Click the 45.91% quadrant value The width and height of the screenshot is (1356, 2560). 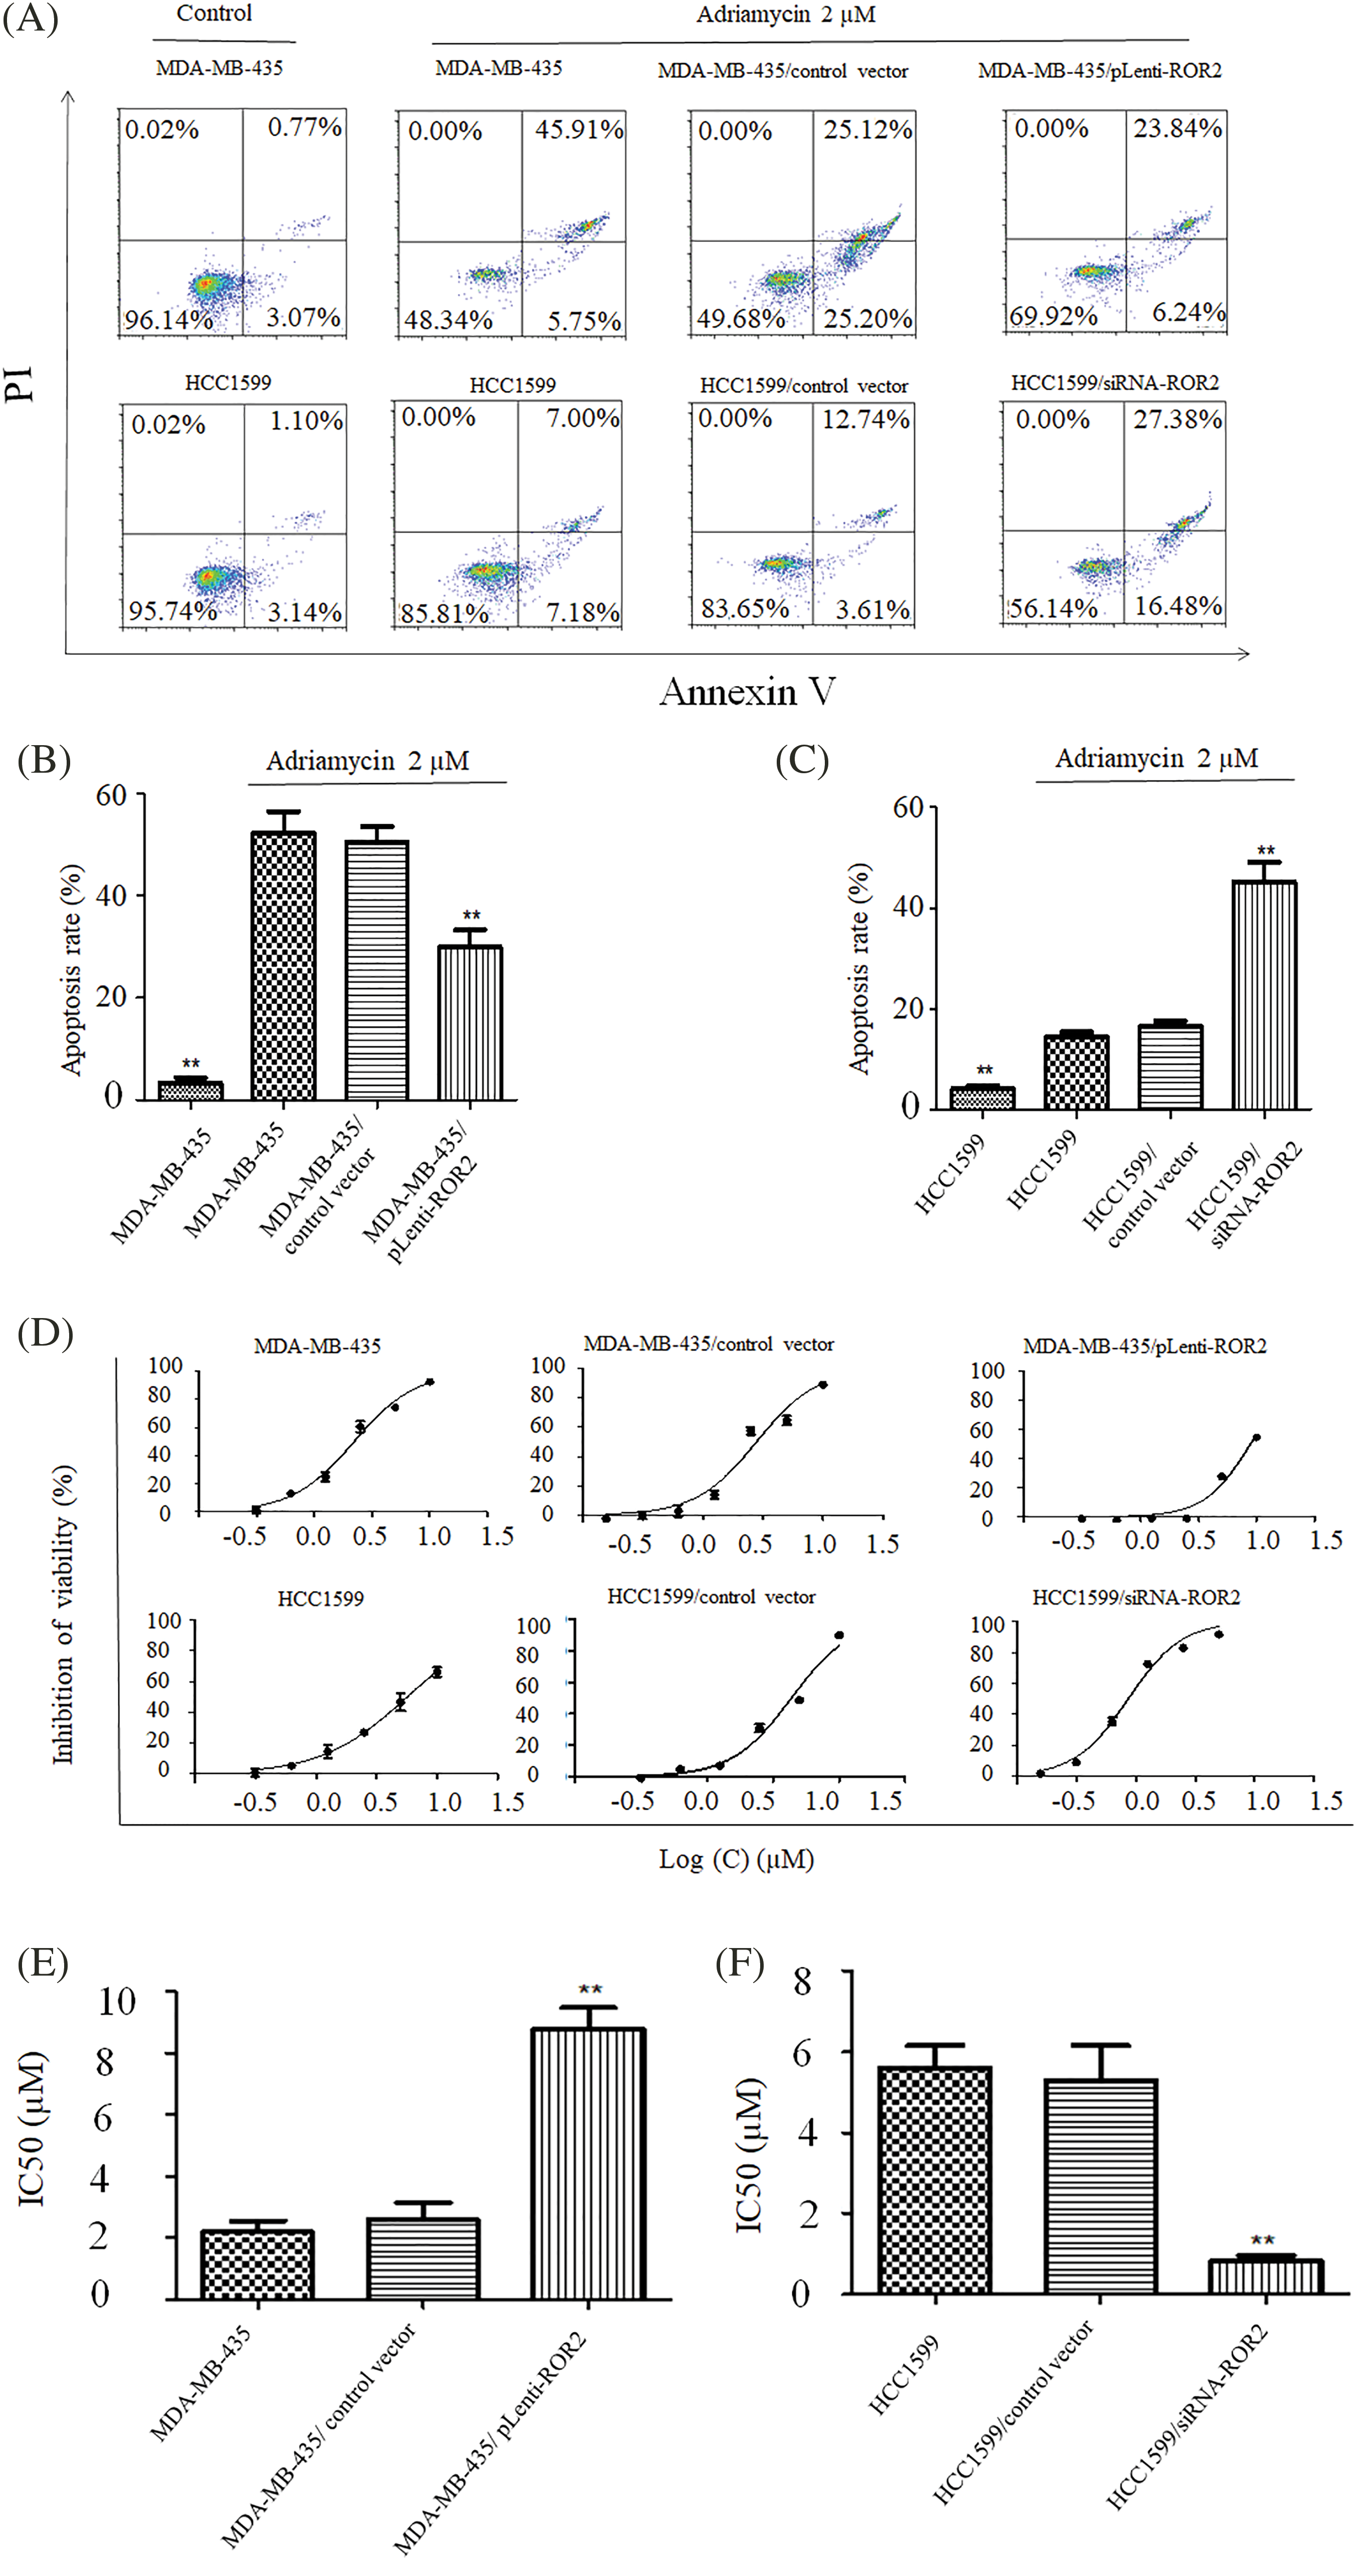pos(579,130)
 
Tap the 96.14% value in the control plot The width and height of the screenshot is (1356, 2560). pos(168,320)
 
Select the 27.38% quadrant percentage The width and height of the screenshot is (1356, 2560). pos(1177,419)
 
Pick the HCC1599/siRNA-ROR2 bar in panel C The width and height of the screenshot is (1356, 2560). pos(1264,995)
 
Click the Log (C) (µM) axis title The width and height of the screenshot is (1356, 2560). pos(736,1858)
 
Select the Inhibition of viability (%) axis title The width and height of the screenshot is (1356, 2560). pos(64,1615)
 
